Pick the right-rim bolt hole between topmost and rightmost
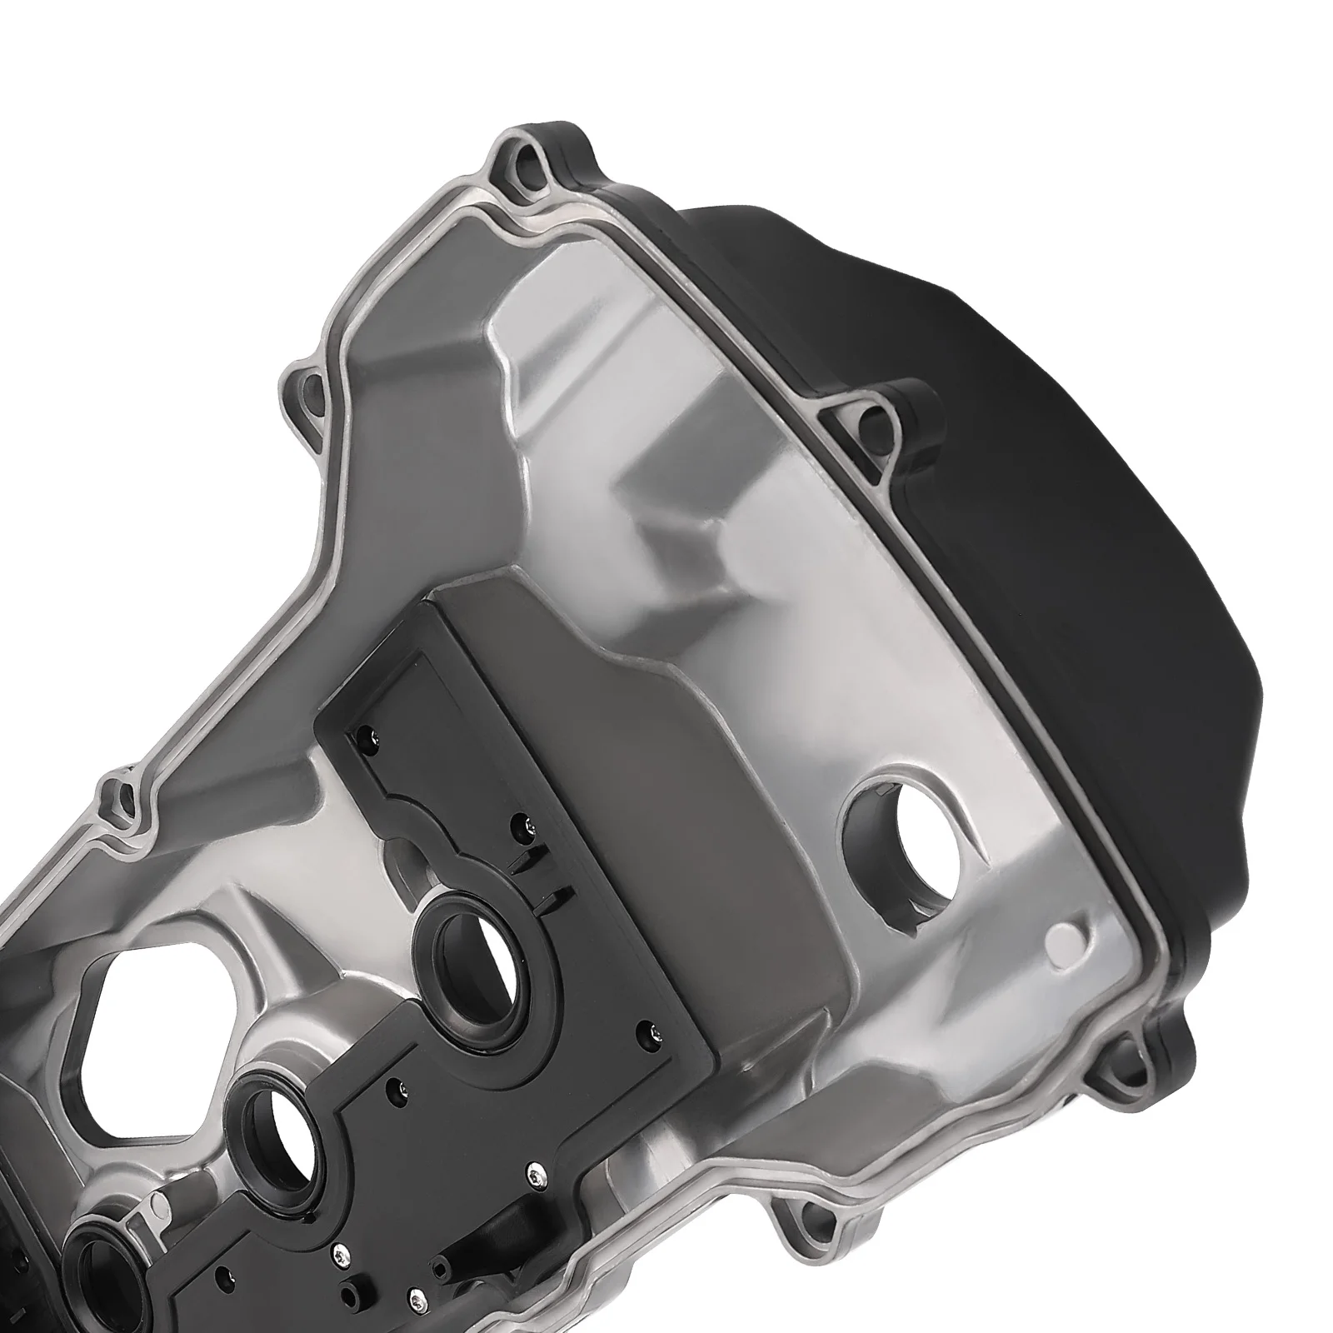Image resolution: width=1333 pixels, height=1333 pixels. [x=875, y=415]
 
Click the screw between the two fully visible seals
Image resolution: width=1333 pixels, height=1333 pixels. [x=392, y=1085]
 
